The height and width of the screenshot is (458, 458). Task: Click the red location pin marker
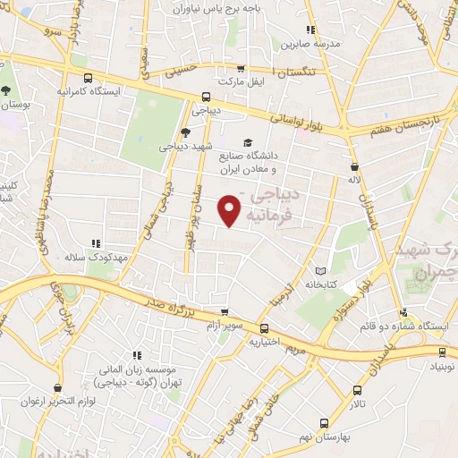pyautogui.click(x=231, y=209)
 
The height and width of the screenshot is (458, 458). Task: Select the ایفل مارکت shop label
pyautogui.click(x=244, y=81)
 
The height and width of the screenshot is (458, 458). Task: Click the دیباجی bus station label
pyautogui.click(x=206, y=112)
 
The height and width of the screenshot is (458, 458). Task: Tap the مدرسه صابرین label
pyautogui.click(x=309, y=43)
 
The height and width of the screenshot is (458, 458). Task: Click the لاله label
pyautogui.click(x=354, y=181)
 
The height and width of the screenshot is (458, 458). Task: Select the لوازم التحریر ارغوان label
pyautogui.click(x=59, y=398)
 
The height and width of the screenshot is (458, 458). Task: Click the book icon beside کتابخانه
pyautogui.click(x=320, y=270)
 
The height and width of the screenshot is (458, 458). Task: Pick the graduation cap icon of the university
pyautogui.click(x=247, y=142)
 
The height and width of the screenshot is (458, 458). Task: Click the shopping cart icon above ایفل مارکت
pyautogui.click(x=240, y=68)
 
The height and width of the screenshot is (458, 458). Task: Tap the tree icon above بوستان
pyautogui.click(x=7, y=90)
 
